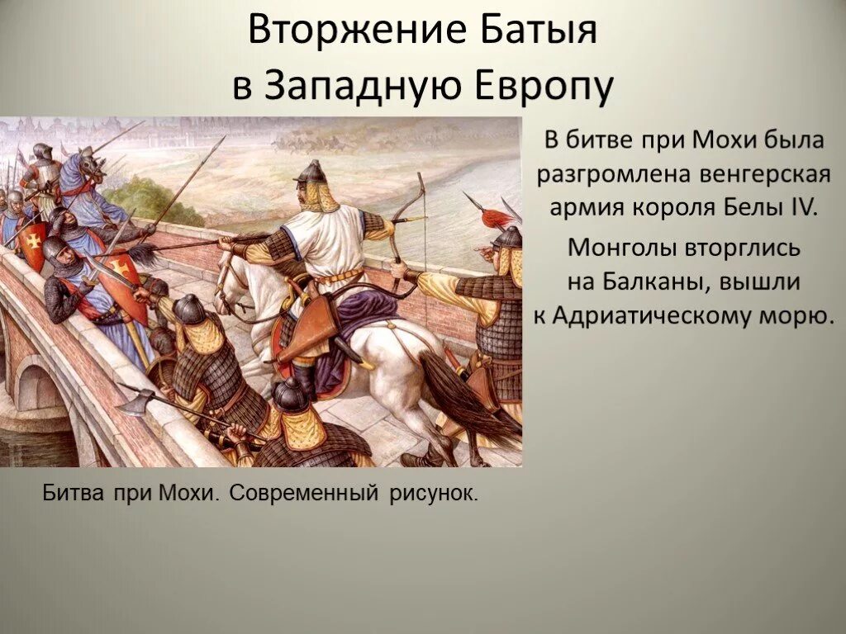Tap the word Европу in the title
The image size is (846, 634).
point(544,85)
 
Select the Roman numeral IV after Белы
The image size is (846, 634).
point(801,206)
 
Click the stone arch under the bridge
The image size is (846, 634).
point(37,388)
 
